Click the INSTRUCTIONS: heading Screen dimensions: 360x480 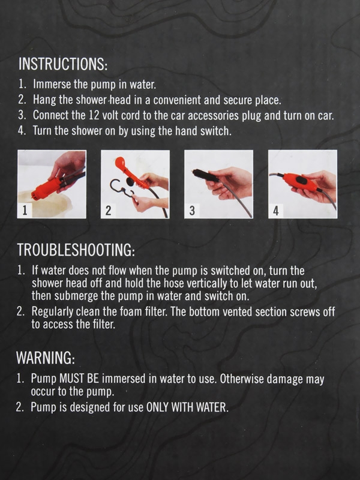(63, 64)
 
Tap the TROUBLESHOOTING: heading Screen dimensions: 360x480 (76, 250)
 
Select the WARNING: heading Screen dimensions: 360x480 (46, 357)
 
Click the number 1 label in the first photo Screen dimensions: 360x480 (25, 211)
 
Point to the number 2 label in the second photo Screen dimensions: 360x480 (108, 211)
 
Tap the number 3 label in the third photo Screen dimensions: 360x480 (192, 211)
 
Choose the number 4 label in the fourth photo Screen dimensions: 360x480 (276, 211)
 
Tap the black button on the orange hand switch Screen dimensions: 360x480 (302, 181)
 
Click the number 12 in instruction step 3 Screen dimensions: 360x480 (94, 115)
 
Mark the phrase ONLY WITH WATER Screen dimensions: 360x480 (187, 407)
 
